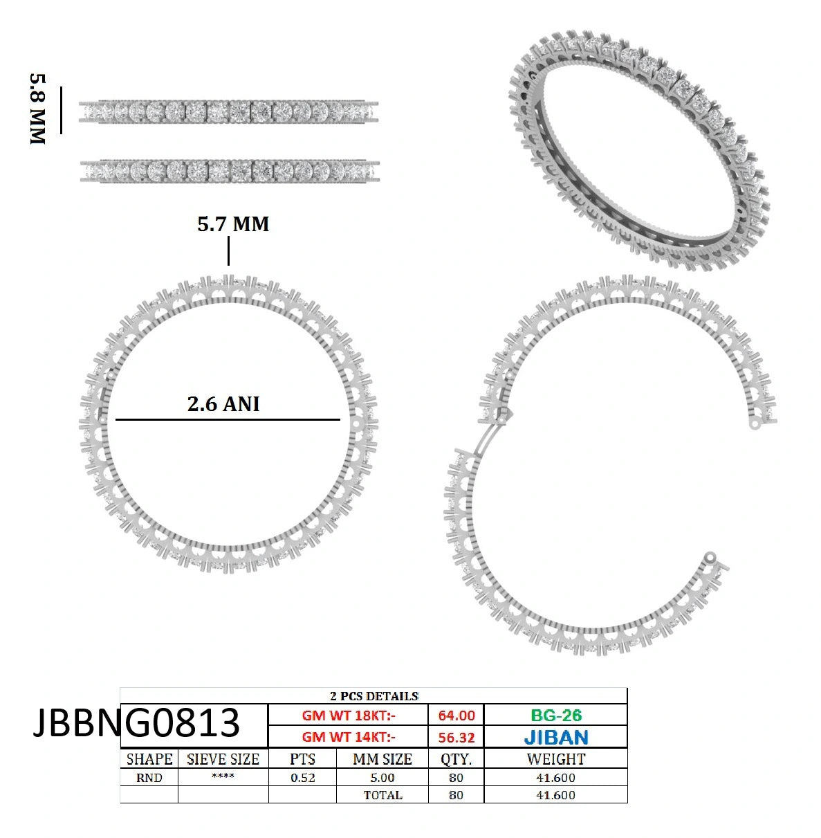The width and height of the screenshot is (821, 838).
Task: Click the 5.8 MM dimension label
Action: [37, 109]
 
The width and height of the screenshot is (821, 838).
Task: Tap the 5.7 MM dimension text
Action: [233, 224]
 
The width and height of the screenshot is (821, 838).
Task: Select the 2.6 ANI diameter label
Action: [223, 404]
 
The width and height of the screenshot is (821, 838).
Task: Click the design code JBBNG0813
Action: [136, 722]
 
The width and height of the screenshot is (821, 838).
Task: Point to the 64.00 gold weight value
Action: [456, 716]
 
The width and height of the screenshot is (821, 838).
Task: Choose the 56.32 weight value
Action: [456, 738]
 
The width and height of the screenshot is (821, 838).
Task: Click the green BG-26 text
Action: [556, 716]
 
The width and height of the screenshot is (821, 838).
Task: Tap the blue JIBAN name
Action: [556, 738]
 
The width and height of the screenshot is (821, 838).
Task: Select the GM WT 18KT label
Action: [349, 716]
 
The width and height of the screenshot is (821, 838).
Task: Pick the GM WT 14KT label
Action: [349, 738]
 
